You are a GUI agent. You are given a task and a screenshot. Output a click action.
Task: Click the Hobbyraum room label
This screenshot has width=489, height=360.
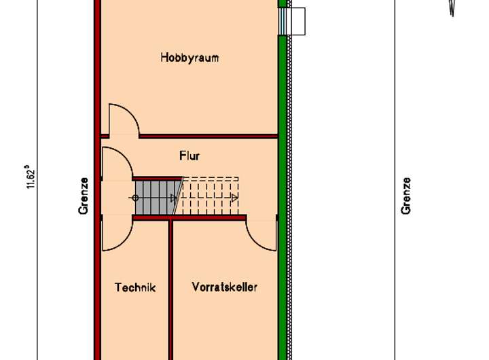pos(189,58)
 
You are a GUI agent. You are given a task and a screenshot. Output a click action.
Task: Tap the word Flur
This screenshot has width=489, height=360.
pos(189,156)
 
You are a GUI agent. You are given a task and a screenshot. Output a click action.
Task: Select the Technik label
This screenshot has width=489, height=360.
pos(135,287)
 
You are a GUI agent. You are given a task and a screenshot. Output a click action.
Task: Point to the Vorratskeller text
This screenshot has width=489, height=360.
pos(224,287)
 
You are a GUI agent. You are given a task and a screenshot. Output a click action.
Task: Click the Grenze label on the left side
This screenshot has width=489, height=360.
pos(84,196)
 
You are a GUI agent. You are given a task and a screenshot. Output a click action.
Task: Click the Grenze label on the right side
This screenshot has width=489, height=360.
pos(406,196)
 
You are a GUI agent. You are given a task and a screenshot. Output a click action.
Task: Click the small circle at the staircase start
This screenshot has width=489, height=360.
pos(135,198)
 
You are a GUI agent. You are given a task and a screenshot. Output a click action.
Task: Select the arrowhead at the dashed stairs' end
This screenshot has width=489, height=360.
pos(234,198)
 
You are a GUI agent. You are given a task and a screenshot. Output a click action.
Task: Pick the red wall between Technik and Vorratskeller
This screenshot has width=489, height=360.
pos(171,292)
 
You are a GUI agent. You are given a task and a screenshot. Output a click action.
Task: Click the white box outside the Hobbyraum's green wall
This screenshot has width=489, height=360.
pos(297,21)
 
